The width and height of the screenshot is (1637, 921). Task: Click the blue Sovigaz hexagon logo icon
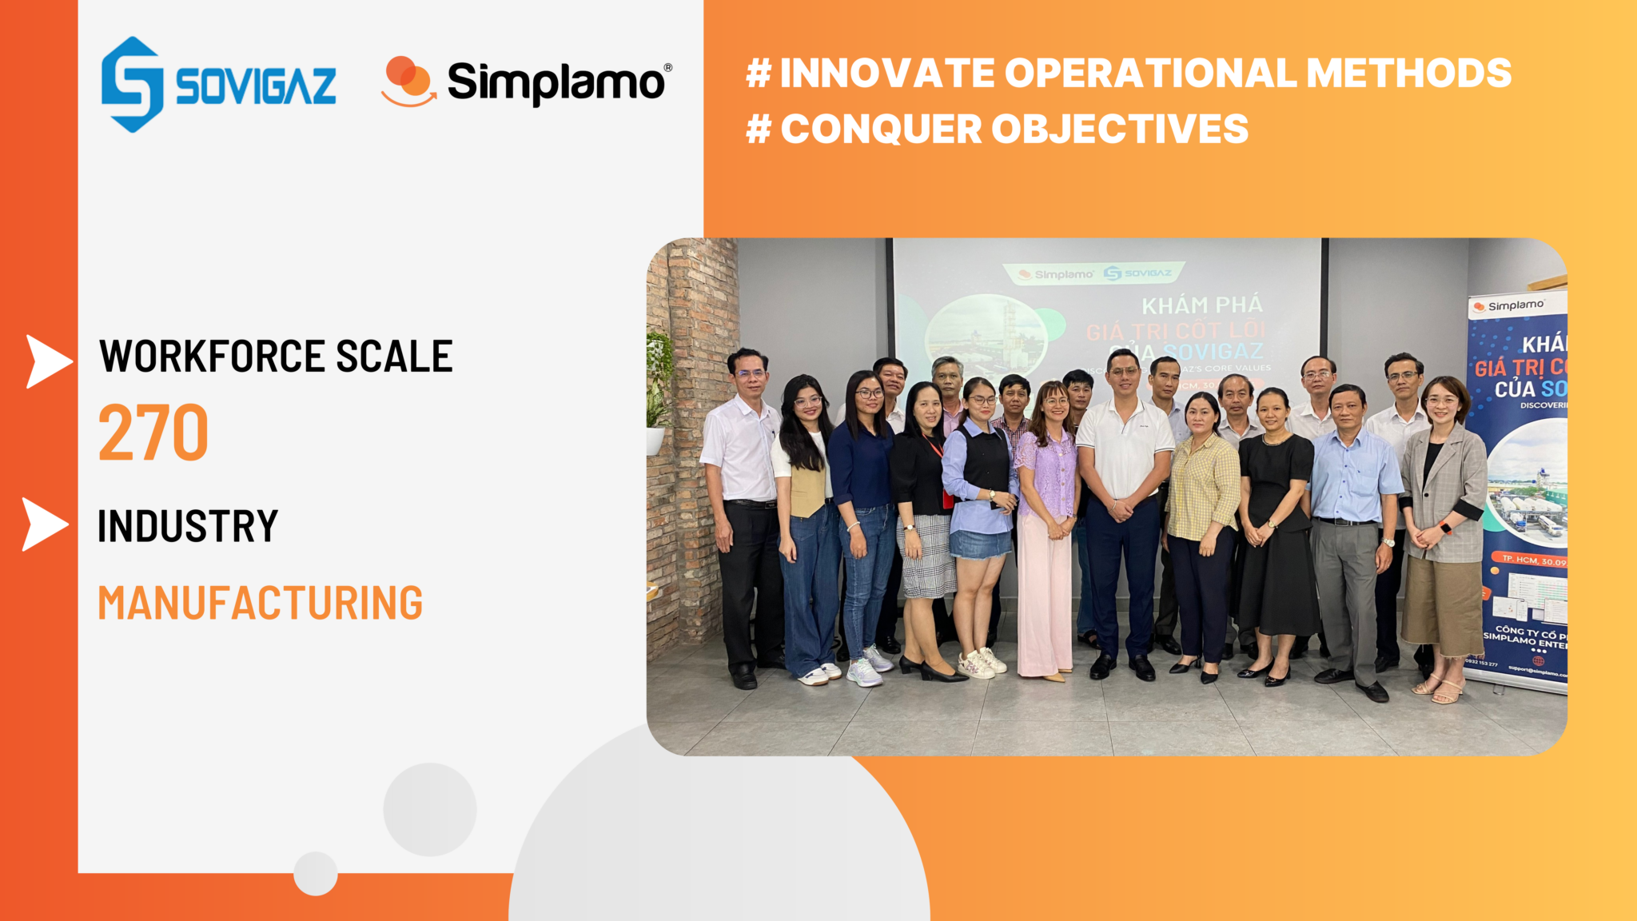132,84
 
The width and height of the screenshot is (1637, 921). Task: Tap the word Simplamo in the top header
556,82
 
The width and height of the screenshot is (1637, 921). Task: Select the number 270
153,433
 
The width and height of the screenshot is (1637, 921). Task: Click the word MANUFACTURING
260,603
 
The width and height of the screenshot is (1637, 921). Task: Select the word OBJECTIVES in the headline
1119,129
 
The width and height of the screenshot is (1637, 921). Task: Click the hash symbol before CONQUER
758,129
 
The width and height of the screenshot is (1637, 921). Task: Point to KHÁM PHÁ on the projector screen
1201,305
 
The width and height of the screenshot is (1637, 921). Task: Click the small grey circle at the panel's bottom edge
316,873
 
